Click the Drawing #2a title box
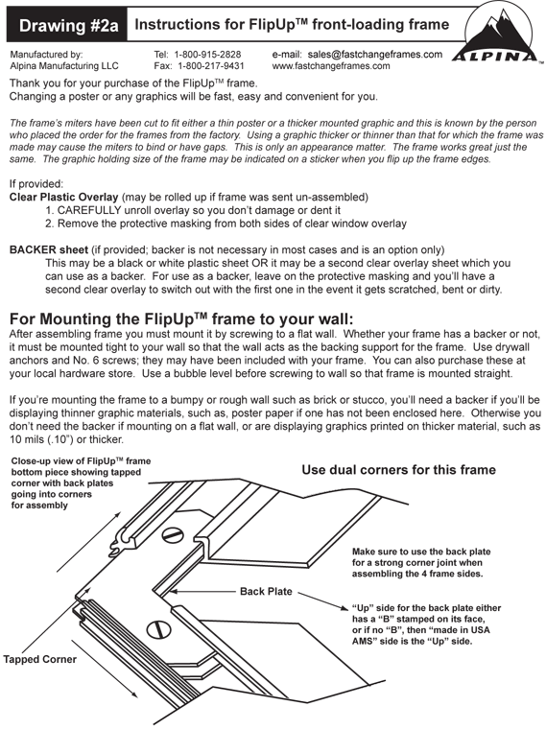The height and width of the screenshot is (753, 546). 67,25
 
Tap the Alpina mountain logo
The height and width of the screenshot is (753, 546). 498,35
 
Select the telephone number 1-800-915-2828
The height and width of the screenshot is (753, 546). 207,55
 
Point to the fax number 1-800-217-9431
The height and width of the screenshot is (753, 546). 211,66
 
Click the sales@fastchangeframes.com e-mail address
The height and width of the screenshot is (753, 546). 374,55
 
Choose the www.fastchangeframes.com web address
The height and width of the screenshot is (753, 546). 331,66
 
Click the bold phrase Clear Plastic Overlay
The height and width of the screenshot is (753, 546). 64,197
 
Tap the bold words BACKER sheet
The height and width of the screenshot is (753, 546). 49,249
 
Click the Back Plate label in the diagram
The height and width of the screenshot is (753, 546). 266,591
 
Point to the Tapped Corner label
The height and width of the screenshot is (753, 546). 40,659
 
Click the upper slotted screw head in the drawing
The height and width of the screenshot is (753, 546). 173,535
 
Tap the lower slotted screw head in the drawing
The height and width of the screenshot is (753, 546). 158,629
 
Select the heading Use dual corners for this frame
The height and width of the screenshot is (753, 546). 398,470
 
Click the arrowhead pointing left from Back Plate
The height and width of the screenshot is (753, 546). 172,591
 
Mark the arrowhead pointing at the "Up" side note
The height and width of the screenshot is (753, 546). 344,608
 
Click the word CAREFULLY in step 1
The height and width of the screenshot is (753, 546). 89,210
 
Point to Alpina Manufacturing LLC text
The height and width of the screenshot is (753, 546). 64,66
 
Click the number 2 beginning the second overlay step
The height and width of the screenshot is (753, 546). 49,224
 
